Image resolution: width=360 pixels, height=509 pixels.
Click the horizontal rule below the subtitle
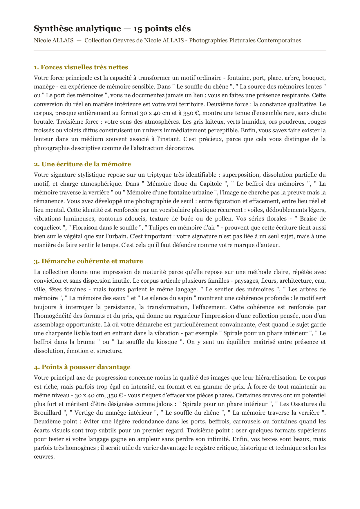click(x=180, y=51)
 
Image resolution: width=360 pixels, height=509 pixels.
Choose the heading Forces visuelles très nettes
click(x=81, y=67)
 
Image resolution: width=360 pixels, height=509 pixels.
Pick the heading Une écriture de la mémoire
click(x=82, y=164)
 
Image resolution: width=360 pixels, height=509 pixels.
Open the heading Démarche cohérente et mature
click(x=88, y=261)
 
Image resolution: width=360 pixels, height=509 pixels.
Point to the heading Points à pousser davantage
click(x=82, y=367)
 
